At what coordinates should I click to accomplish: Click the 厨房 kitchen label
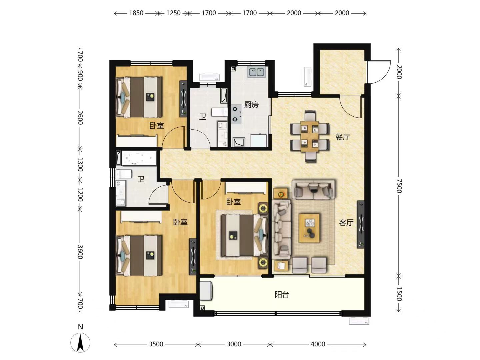point(251,105)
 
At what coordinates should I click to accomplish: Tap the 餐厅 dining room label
point(343,137)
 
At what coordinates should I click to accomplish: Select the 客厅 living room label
point(346,223)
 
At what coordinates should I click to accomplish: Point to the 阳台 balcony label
point(282,295)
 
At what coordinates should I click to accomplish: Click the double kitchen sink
point(257,72)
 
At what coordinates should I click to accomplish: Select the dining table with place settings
point(310,136)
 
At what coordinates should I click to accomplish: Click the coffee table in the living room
point(309,228)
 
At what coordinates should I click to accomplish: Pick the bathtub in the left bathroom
point(136,158)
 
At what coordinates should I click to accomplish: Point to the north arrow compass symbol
point(80,343)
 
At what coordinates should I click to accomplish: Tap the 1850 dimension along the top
point(136,13)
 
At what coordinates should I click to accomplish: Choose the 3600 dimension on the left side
point(80,252)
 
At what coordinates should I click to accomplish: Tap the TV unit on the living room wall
point(361,224)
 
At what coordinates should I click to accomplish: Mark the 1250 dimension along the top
point(173,13)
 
